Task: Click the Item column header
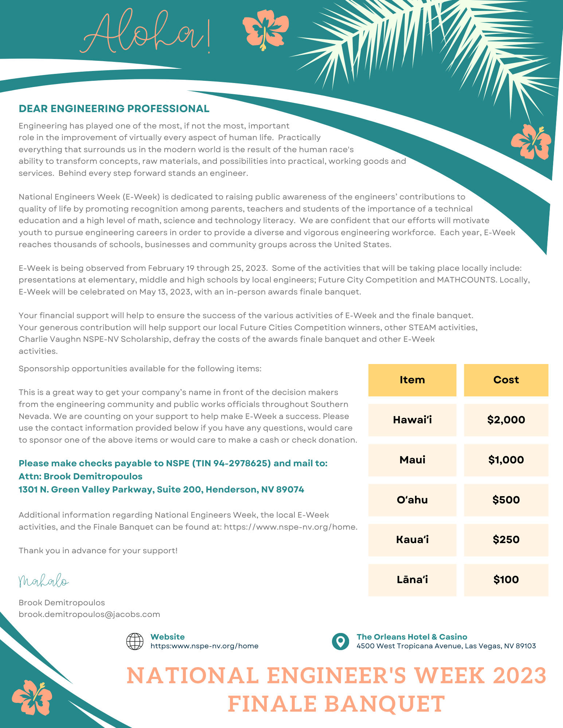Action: (412, 380)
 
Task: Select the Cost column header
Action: (506, 380)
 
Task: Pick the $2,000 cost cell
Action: (506, 420)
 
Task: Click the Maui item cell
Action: (412, 460)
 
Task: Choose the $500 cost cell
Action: (506, 500)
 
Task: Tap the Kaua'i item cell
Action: (412, 540)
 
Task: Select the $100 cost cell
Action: (506, 580)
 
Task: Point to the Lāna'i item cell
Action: (412, 580)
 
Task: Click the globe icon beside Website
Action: (135, 641)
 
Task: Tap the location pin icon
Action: (340, 641)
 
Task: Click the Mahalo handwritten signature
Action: (43, 581)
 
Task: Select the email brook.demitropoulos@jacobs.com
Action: (89, 614)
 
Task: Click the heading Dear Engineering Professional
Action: (114, 108)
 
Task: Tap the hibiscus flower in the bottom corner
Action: (32, 697)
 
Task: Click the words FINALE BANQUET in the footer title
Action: (336, 704)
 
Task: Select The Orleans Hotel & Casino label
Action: (412, 637)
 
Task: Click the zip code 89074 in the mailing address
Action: (290, 490)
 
